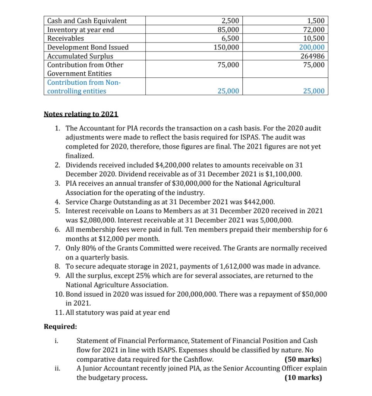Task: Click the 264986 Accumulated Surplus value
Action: click(x=314, y=56)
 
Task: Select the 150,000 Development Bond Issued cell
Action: click(x=227, y=47)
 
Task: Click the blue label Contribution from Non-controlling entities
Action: click(x=84, y=87)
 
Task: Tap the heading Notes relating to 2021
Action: click(x=81, y=114)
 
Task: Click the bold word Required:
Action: click(x=60, y=326)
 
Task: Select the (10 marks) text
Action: click(x=303, y=377)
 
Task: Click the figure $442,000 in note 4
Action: click(x=259, y=202)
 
